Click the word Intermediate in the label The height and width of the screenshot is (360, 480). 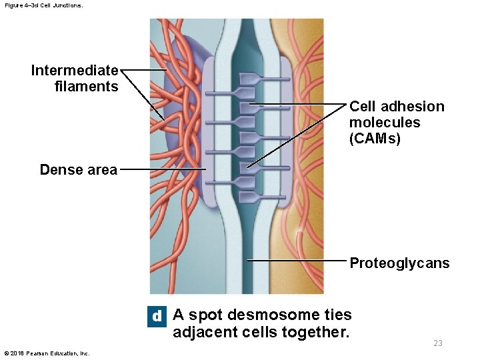coord(75,70)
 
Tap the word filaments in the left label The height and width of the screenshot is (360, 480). coord(87,86)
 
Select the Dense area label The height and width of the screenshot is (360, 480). coord(78,169)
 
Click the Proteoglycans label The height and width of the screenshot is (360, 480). coord(399,263)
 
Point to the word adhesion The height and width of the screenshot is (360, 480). coord(413,107)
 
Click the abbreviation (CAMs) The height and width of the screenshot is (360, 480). coord(375,139)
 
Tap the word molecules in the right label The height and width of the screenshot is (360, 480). coord(385,123)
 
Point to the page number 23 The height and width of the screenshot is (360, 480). coord(438,343)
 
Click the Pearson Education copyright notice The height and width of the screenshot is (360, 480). coord(47,353)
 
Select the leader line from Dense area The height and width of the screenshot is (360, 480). coord(163,169)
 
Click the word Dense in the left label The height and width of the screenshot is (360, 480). coord(59,169)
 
